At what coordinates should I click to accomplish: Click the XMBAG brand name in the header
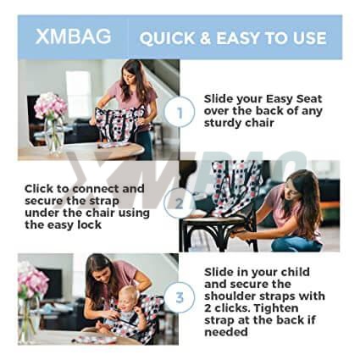(x=73, y=36)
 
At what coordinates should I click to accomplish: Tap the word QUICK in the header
(x=167, y=38)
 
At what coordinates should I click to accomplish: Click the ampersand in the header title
(x=206, y=38)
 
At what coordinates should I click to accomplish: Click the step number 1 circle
(x=180, y=112)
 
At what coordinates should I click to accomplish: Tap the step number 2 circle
(x=179, y=203)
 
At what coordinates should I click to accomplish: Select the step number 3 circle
(x=180, y=297)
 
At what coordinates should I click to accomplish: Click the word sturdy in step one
(x=222, y=124)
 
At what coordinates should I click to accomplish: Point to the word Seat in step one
(x=309, y=99)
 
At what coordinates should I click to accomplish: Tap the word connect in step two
(x=96, y=189)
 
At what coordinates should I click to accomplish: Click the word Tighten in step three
(x=273, y=308)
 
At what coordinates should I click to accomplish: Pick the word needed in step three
(x=226, y=332)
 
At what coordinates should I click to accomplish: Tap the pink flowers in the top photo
(x=50, y=105)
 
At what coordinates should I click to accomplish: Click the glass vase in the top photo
(x=53, y=136)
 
